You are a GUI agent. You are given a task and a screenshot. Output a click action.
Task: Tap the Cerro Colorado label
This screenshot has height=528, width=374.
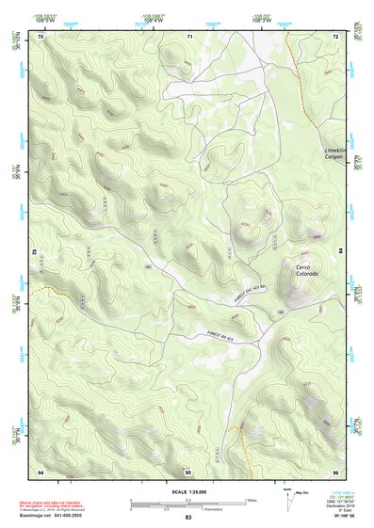307,269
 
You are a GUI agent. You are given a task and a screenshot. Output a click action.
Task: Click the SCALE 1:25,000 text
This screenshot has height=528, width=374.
187,491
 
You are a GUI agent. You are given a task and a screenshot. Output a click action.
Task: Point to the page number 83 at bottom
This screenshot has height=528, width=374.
187,518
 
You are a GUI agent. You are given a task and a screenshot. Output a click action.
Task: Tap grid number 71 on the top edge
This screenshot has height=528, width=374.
188,36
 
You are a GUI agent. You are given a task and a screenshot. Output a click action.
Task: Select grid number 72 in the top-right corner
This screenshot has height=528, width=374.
335,36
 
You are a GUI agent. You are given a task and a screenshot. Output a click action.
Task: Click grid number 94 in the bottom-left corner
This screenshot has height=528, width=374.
41,471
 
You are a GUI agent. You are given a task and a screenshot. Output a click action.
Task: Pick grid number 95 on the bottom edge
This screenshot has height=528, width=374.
188,471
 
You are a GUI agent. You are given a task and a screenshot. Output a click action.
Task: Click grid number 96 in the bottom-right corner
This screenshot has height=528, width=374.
335,471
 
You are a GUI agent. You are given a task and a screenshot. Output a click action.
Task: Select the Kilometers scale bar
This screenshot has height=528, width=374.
187,509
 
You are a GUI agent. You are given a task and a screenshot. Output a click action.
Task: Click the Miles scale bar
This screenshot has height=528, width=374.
187,500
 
